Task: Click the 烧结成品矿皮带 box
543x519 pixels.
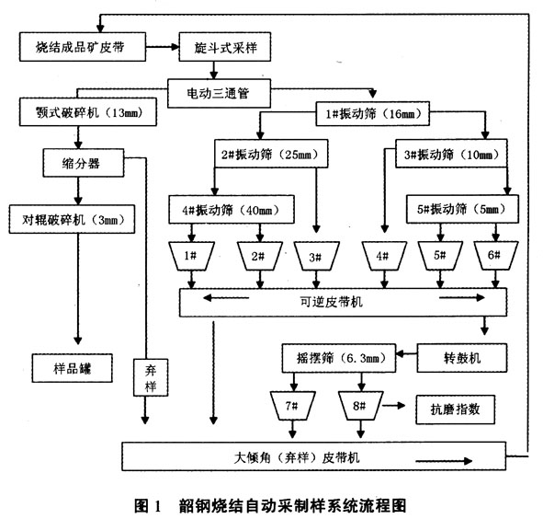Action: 83,47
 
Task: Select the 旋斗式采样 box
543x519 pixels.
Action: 225,47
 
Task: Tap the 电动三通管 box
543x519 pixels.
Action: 219,93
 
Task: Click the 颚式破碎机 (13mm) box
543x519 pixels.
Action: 88,111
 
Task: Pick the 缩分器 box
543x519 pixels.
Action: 83,163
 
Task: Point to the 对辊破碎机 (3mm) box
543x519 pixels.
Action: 72,219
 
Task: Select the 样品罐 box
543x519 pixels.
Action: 72,368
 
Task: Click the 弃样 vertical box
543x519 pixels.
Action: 151,377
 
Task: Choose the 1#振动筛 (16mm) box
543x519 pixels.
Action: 373,113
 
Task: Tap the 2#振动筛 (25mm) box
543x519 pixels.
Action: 271,154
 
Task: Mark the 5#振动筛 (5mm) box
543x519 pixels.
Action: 462,209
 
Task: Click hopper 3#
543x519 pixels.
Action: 316,256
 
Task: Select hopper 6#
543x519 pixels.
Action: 496,256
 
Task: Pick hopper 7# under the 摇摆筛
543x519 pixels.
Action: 292,406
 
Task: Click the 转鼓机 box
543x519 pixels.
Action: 462,358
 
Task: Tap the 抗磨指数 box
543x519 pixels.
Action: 455,409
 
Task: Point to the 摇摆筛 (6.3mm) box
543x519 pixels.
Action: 339,358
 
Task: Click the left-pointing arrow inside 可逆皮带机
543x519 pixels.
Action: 226,297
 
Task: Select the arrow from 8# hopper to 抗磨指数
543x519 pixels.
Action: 394,405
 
